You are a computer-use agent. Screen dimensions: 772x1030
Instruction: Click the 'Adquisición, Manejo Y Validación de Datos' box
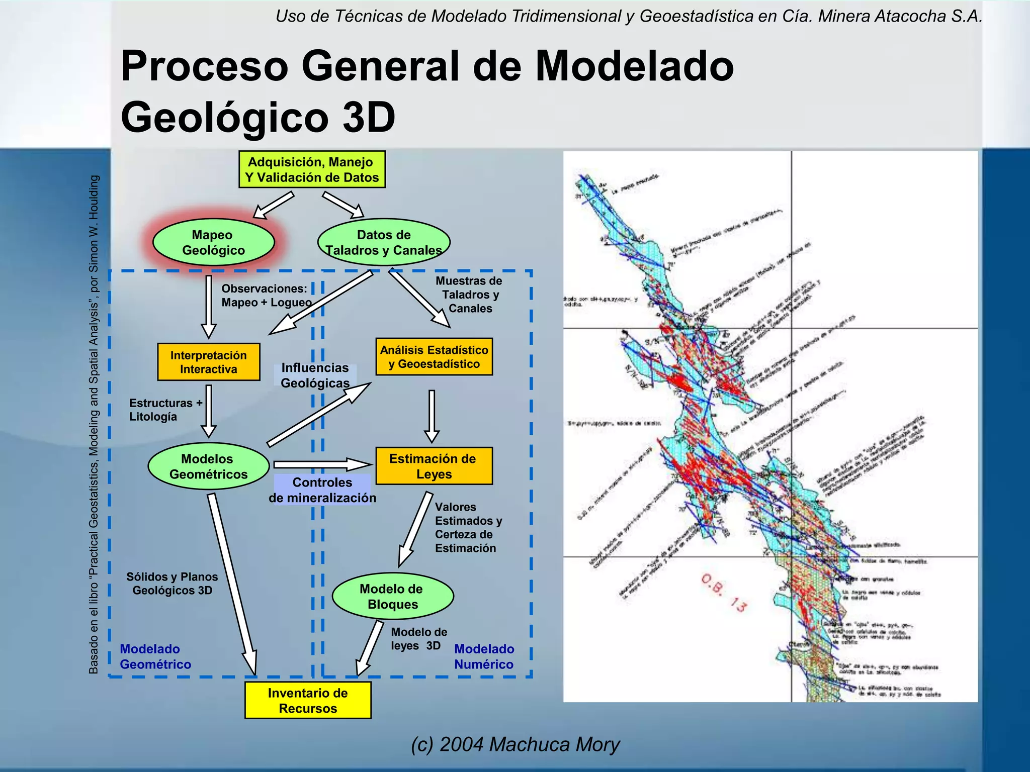click(312, 169)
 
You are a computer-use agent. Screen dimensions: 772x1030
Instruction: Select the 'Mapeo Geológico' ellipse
click(213, 242)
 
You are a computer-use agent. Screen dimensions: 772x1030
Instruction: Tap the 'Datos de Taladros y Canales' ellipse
click(384, 242)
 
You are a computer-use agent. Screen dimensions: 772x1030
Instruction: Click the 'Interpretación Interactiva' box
click(209, 362)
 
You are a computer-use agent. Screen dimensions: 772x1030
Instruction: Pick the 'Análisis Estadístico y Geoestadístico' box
click(434, 357)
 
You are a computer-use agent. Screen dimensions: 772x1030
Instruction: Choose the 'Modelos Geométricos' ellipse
click(208, 466)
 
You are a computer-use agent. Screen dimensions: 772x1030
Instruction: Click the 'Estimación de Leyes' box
click(434, 466)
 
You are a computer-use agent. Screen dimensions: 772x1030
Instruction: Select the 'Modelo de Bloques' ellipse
click(393, 596)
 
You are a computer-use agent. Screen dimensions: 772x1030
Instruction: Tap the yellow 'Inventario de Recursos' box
click(308, 700)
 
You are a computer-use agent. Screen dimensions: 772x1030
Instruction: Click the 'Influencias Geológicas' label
click(315, 375)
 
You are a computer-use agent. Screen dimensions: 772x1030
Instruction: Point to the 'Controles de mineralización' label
click(322, 490)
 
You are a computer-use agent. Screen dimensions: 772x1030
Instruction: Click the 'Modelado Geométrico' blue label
click(155, 656)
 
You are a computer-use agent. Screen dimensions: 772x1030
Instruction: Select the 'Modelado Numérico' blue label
click(484, 656)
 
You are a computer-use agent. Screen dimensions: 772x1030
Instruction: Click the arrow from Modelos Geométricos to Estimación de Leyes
click(322, 464)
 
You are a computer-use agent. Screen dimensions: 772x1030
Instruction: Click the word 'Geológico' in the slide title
click(224, 117)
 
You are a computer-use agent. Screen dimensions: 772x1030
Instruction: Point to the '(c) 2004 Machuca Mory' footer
click(515, 744)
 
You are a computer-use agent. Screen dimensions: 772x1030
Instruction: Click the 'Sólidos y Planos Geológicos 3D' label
click(172, 584)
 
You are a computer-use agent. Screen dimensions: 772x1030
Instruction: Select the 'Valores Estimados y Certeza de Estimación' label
click(468, 527)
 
